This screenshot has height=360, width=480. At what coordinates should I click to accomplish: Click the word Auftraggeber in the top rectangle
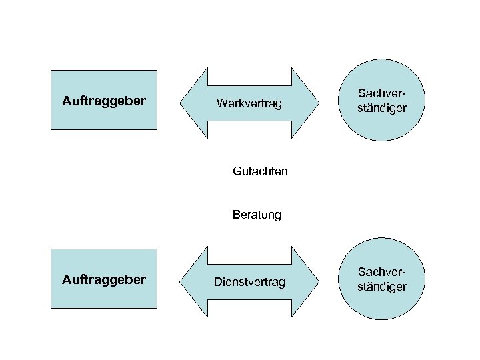point(103,101)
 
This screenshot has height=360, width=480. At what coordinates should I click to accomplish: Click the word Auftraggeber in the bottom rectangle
point(103,280)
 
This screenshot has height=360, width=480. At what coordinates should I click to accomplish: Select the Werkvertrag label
point(249,104)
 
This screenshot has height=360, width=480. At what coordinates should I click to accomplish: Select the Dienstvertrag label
point(249,283)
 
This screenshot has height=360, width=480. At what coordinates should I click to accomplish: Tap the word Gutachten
point(261,171)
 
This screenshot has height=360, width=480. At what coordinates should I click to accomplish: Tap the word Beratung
point(257,215)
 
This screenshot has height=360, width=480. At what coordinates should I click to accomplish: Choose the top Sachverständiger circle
point(382,100)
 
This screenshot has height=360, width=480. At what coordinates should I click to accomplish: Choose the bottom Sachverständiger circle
point(382,279)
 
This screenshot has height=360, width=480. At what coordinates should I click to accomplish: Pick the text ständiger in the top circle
point(382,107)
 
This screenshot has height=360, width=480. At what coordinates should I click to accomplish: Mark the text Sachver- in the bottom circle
point(382,272)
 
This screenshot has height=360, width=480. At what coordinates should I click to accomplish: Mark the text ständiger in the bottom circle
point(382,287)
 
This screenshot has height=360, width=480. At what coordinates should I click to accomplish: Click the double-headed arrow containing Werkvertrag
point(249,87)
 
